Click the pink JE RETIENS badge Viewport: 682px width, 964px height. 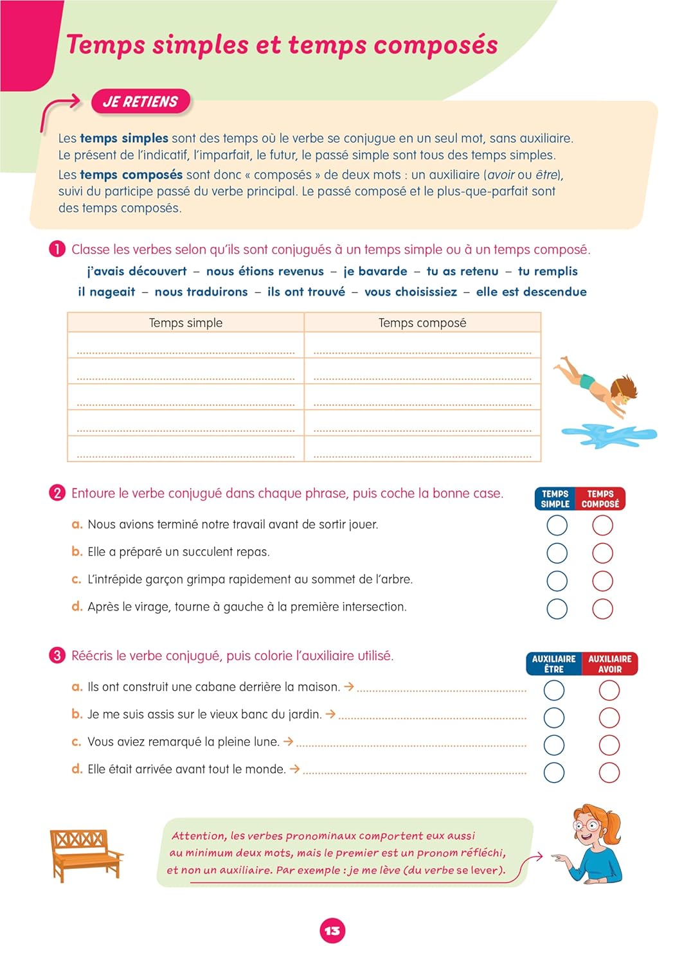[x=140, y=102]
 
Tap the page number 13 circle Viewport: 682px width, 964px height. [x=332, y=931]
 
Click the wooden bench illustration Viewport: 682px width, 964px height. [x=86, y=854]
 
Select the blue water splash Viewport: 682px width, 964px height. [x=608, y=435]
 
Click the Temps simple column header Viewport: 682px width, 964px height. [x=186, y=323]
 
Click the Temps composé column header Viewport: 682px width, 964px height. [x=422, y=323]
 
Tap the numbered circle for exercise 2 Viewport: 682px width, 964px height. [x=57, y=493]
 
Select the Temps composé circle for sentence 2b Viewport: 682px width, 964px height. [x=602, y=553]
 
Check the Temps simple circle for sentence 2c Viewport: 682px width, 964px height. [x=557, y=581]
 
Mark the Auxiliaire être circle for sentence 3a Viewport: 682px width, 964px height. [x=554, y=690]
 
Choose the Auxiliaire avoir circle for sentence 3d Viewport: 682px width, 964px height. [x=609, y=772]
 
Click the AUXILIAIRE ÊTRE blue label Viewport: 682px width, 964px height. [x=553, y=664]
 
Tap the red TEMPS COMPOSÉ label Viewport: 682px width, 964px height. [x=600, y=499]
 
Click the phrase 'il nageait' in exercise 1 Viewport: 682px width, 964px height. [x=107, y=292]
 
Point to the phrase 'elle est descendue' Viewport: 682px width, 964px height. [x=531, y=292]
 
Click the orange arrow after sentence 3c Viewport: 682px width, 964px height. [x=289, y=741]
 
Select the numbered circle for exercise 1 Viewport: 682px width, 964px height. [x=57, y=249]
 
